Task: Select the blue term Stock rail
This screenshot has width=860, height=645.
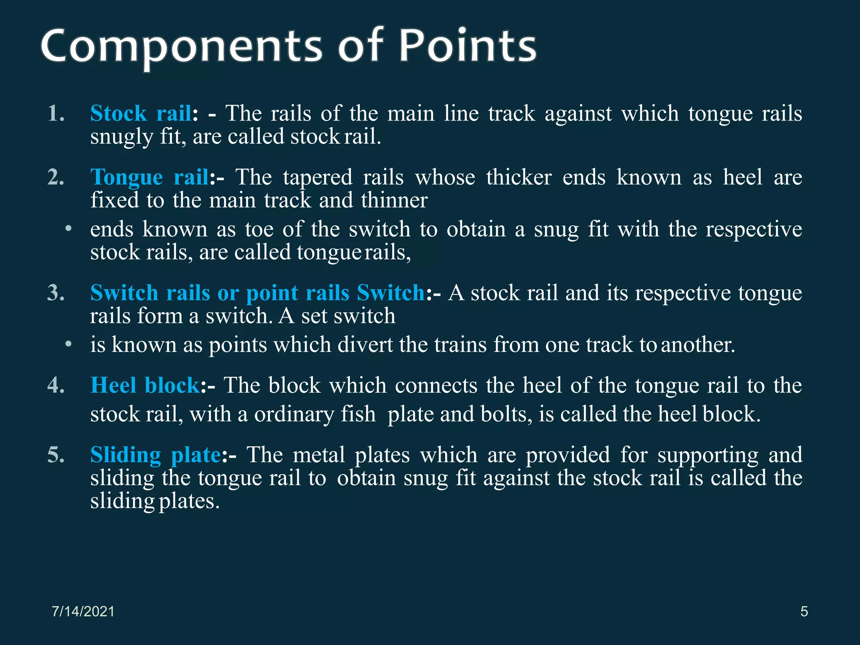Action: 141,113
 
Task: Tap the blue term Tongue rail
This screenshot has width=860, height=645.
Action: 149,177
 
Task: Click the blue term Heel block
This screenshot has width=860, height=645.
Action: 145,385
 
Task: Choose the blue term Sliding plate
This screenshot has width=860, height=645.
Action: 155,455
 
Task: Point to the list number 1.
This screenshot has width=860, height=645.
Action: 56,113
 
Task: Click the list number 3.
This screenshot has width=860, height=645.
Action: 56,293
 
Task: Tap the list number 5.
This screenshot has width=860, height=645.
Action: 56,455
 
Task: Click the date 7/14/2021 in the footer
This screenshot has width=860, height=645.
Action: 83,611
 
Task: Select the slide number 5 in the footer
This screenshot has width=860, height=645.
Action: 804,611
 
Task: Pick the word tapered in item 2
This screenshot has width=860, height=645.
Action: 317,177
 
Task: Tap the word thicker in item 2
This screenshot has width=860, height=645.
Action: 519,177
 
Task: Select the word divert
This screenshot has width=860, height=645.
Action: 365,345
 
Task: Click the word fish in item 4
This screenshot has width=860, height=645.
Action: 358,414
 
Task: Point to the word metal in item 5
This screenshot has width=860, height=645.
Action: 319,455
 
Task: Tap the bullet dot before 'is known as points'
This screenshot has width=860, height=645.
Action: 68,344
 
